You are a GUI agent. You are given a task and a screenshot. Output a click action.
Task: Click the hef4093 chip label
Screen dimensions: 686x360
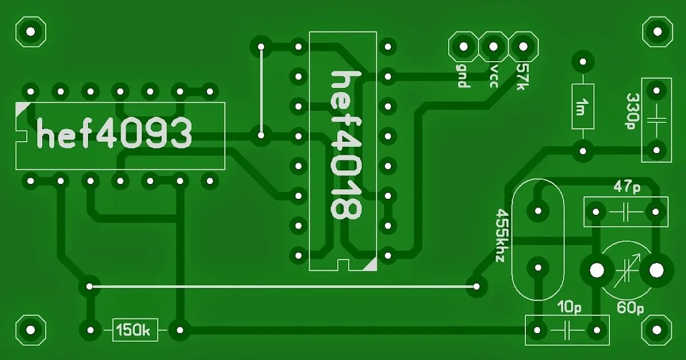(x=114, y=134)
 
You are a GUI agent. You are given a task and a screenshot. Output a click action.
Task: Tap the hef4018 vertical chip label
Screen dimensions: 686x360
(x=346, y=145)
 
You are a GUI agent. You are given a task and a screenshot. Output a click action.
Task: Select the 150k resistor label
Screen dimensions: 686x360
(x=134, y=330)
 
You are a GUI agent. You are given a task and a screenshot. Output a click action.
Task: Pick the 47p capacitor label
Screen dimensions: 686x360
(x=627, y=186)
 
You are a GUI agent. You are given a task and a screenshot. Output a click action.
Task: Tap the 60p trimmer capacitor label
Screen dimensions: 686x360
(x=630, y=309)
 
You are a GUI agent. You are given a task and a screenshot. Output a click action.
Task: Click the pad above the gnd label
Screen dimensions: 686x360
(x=462, y=46)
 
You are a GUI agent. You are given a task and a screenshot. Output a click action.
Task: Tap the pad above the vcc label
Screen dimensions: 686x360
(x=493, y=46)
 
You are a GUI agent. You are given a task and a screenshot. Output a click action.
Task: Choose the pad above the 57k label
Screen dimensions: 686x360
(x=523, y=46)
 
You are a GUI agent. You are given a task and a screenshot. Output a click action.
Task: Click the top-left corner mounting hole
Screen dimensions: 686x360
(x=30, y=31)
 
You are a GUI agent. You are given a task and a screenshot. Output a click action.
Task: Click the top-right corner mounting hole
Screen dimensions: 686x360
(x=657, y=31)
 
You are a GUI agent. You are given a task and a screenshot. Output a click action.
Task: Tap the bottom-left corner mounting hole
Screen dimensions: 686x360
(x=30, y=330)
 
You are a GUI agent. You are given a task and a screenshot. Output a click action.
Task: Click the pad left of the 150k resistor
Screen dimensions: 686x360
(x=89, y=330)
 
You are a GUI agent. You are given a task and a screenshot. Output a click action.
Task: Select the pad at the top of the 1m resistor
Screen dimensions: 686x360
(x=583, y=61)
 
